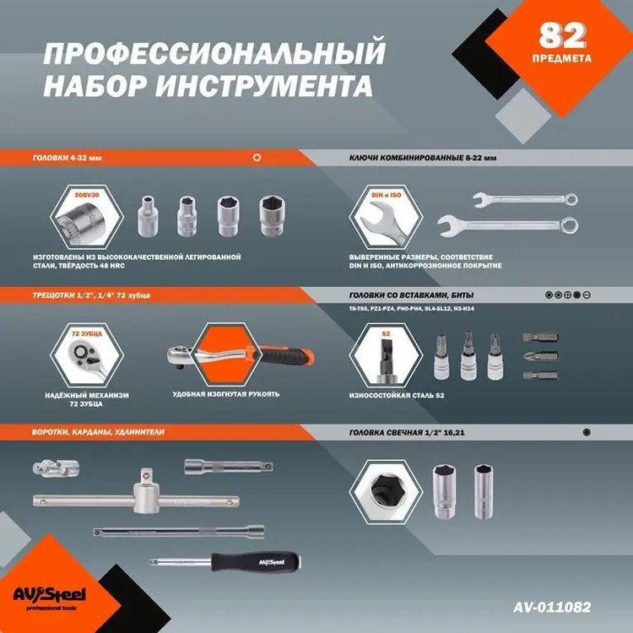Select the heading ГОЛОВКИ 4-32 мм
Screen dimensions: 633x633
tap(67, 158)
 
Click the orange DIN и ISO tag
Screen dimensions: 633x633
tap(385, 194)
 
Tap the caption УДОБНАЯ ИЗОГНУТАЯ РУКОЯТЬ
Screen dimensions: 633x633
tap(225, 394)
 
